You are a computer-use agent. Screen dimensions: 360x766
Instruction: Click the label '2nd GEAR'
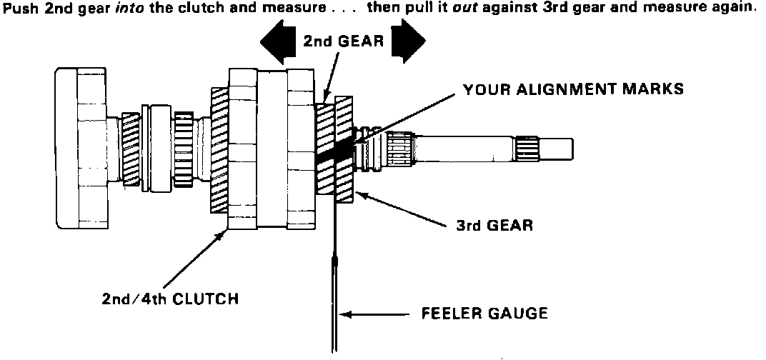point(342,41)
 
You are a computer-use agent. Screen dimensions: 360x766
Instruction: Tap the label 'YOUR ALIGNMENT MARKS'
point(573,89)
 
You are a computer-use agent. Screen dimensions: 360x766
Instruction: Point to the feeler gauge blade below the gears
point(334,300)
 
